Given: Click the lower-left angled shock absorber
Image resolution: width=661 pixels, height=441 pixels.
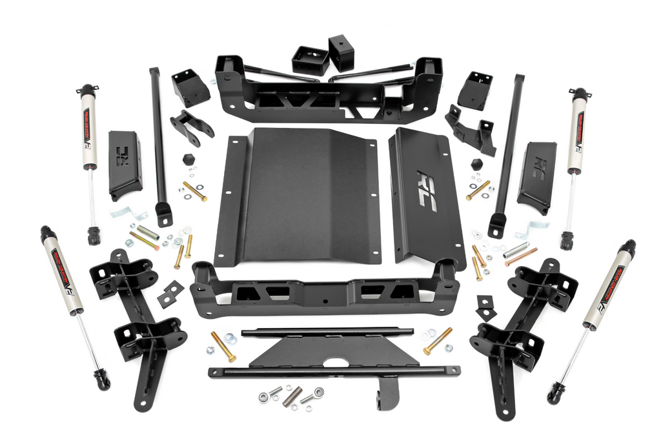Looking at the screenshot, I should (65, 278).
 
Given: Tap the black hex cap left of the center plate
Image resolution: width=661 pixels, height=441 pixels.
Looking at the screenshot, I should (188, 159).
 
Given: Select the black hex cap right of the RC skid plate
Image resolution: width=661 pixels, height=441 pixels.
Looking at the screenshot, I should (477, 164).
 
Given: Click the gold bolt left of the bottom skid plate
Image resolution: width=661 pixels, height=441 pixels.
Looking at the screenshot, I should (223, 347).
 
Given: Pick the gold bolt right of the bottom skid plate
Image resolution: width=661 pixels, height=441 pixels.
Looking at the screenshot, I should (438, 340).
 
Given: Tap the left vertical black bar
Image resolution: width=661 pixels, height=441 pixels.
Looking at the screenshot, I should (158, 142).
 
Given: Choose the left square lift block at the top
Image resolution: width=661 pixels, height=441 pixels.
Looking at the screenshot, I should (310, 60).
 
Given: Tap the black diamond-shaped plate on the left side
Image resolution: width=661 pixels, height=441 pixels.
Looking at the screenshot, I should (170, 294).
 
